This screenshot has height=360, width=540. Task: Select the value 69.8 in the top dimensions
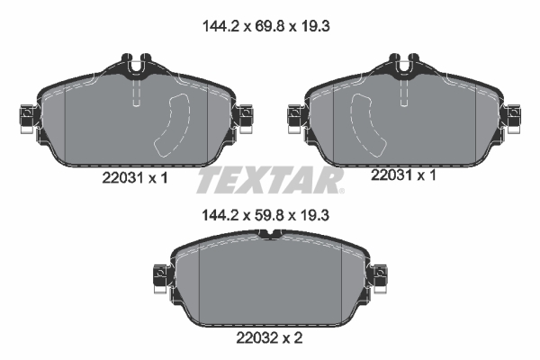point(268,28)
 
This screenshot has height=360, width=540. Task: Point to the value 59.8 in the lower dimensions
point(268,217)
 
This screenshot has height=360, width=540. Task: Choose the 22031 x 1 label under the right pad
point(403,176)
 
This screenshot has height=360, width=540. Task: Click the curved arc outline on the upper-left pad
point(171,127)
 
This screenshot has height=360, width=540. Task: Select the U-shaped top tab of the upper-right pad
point(401,65)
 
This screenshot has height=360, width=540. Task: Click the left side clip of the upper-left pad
point(24,116)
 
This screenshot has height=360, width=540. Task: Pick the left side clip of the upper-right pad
point(293,116)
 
